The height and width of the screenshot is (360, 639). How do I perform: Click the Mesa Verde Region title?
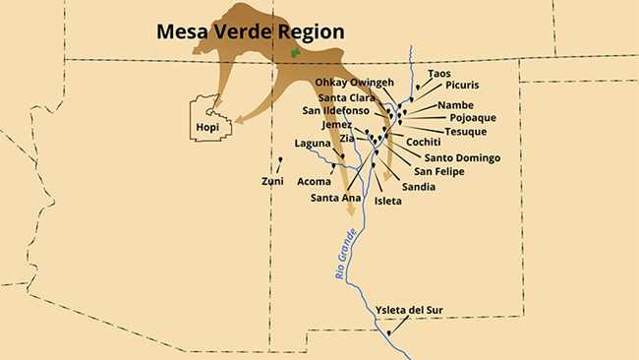pyautogui.click(x=251, y=32)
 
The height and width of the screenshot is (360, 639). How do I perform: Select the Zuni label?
pyautogui.click(x=272, y=181)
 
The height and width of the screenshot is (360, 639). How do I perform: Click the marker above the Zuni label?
pyautogui.click(x=280, y=159)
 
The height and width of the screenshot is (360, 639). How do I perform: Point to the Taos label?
pyautogui.click(x=440, y=73)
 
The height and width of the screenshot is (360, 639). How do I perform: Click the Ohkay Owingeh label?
pyautogui.click(x=355, y=82)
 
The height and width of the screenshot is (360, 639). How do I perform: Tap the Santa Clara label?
pyautogui.click(x=346, y=96)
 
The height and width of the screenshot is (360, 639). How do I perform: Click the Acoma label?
pyautogui.click(x=314, y=182)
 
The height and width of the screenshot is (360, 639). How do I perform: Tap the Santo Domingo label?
pyautogui.click(x=462, y=157)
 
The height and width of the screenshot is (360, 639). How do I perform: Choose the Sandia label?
pyautogui.click(x=420, y=185)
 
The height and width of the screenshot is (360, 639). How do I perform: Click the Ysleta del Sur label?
pyautogui.click(x=410, y=311)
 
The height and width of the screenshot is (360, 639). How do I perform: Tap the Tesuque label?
pyautogui.click(x=466, y=131)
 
